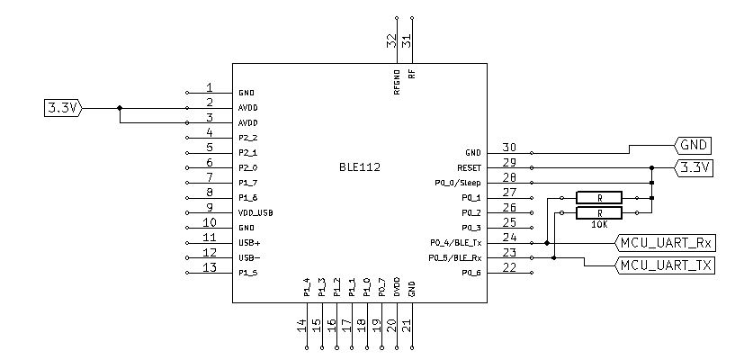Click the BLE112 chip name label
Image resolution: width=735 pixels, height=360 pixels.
coord(359,167)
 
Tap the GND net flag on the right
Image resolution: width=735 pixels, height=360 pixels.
coord(694,145)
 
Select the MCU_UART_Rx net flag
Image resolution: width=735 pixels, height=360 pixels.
coord(665,242)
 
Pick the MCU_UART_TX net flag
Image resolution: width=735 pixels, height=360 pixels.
coord(665,265)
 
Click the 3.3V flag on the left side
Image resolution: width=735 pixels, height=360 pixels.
coord(62,108)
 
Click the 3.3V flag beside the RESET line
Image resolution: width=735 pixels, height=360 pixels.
coord(694,167)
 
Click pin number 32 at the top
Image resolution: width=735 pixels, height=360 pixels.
coord(392,40)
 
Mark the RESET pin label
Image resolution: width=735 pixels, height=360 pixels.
coord(470,167)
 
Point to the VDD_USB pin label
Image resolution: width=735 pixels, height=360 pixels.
coord(255,212)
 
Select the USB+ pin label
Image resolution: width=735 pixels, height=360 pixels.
coord(249,243)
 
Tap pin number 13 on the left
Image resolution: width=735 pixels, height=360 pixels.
coord(210,268)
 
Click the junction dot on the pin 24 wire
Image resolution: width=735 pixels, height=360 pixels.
coord(546,242)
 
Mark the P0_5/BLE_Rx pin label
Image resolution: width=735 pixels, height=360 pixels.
coord(458,258)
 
